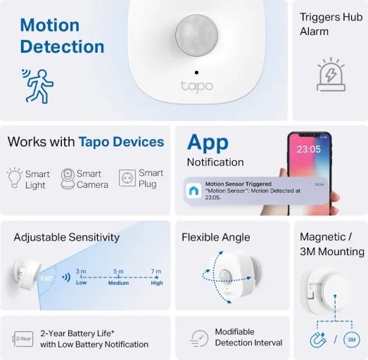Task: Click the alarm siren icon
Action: click(x=330, y=77)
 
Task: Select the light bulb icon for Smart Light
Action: click(x=14, y=179)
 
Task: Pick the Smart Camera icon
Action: click(x=68, y=178)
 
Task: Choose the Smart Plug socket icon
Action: click(x=127, y=179)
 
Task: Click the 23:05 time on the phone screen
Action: click(x=308, y=149)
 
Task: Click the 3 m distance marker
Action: click(x=81, y=271)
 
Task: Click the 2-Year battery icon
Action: click(x=23, y=338)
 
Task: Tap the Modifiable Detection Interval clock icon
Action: click(x=199, y=338)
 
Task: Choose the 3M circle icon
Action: click(x=353, y=340)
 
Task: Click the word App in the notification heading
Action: click(x=208, y=142)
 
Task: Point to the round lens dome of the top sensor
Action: click(x=196, y=35)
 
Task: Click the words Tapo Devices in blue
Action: click(x=121, y=142)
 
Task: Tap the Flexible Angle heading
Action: click(x=215, y=238)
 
